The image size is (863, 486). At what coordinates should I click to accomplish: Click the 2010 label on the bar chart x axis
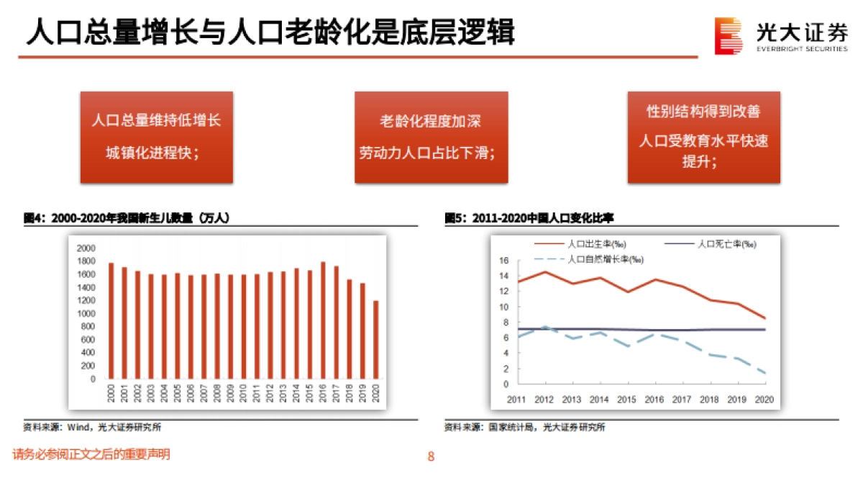tap(243, 394)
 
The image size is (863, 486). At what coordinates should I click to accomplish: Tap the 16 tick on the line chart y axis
tap(503, 261)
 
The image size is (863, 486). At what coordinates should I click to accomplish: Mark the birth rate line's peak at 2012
tap(545, 271)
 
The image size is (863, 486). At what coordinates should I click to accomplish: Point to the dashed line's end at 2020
tap(764, 373)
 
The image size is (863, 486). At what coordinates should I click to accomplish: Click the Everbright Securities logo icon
tap(728, 35)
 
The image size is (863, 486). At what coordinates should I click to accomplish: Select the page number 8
tap(431, 456)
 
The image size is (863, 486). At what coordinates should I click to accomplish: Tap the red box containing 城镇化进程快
tap(156, 137)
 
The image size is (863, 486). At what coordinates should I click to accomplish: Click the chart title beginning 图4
tap(127, 217)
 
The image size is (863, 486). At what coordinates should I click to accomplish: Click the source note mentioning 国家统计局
tap(525, 427)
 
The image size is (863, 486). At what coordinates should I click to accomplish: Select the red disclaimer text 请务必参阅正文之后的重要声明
tap(91, 454)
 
